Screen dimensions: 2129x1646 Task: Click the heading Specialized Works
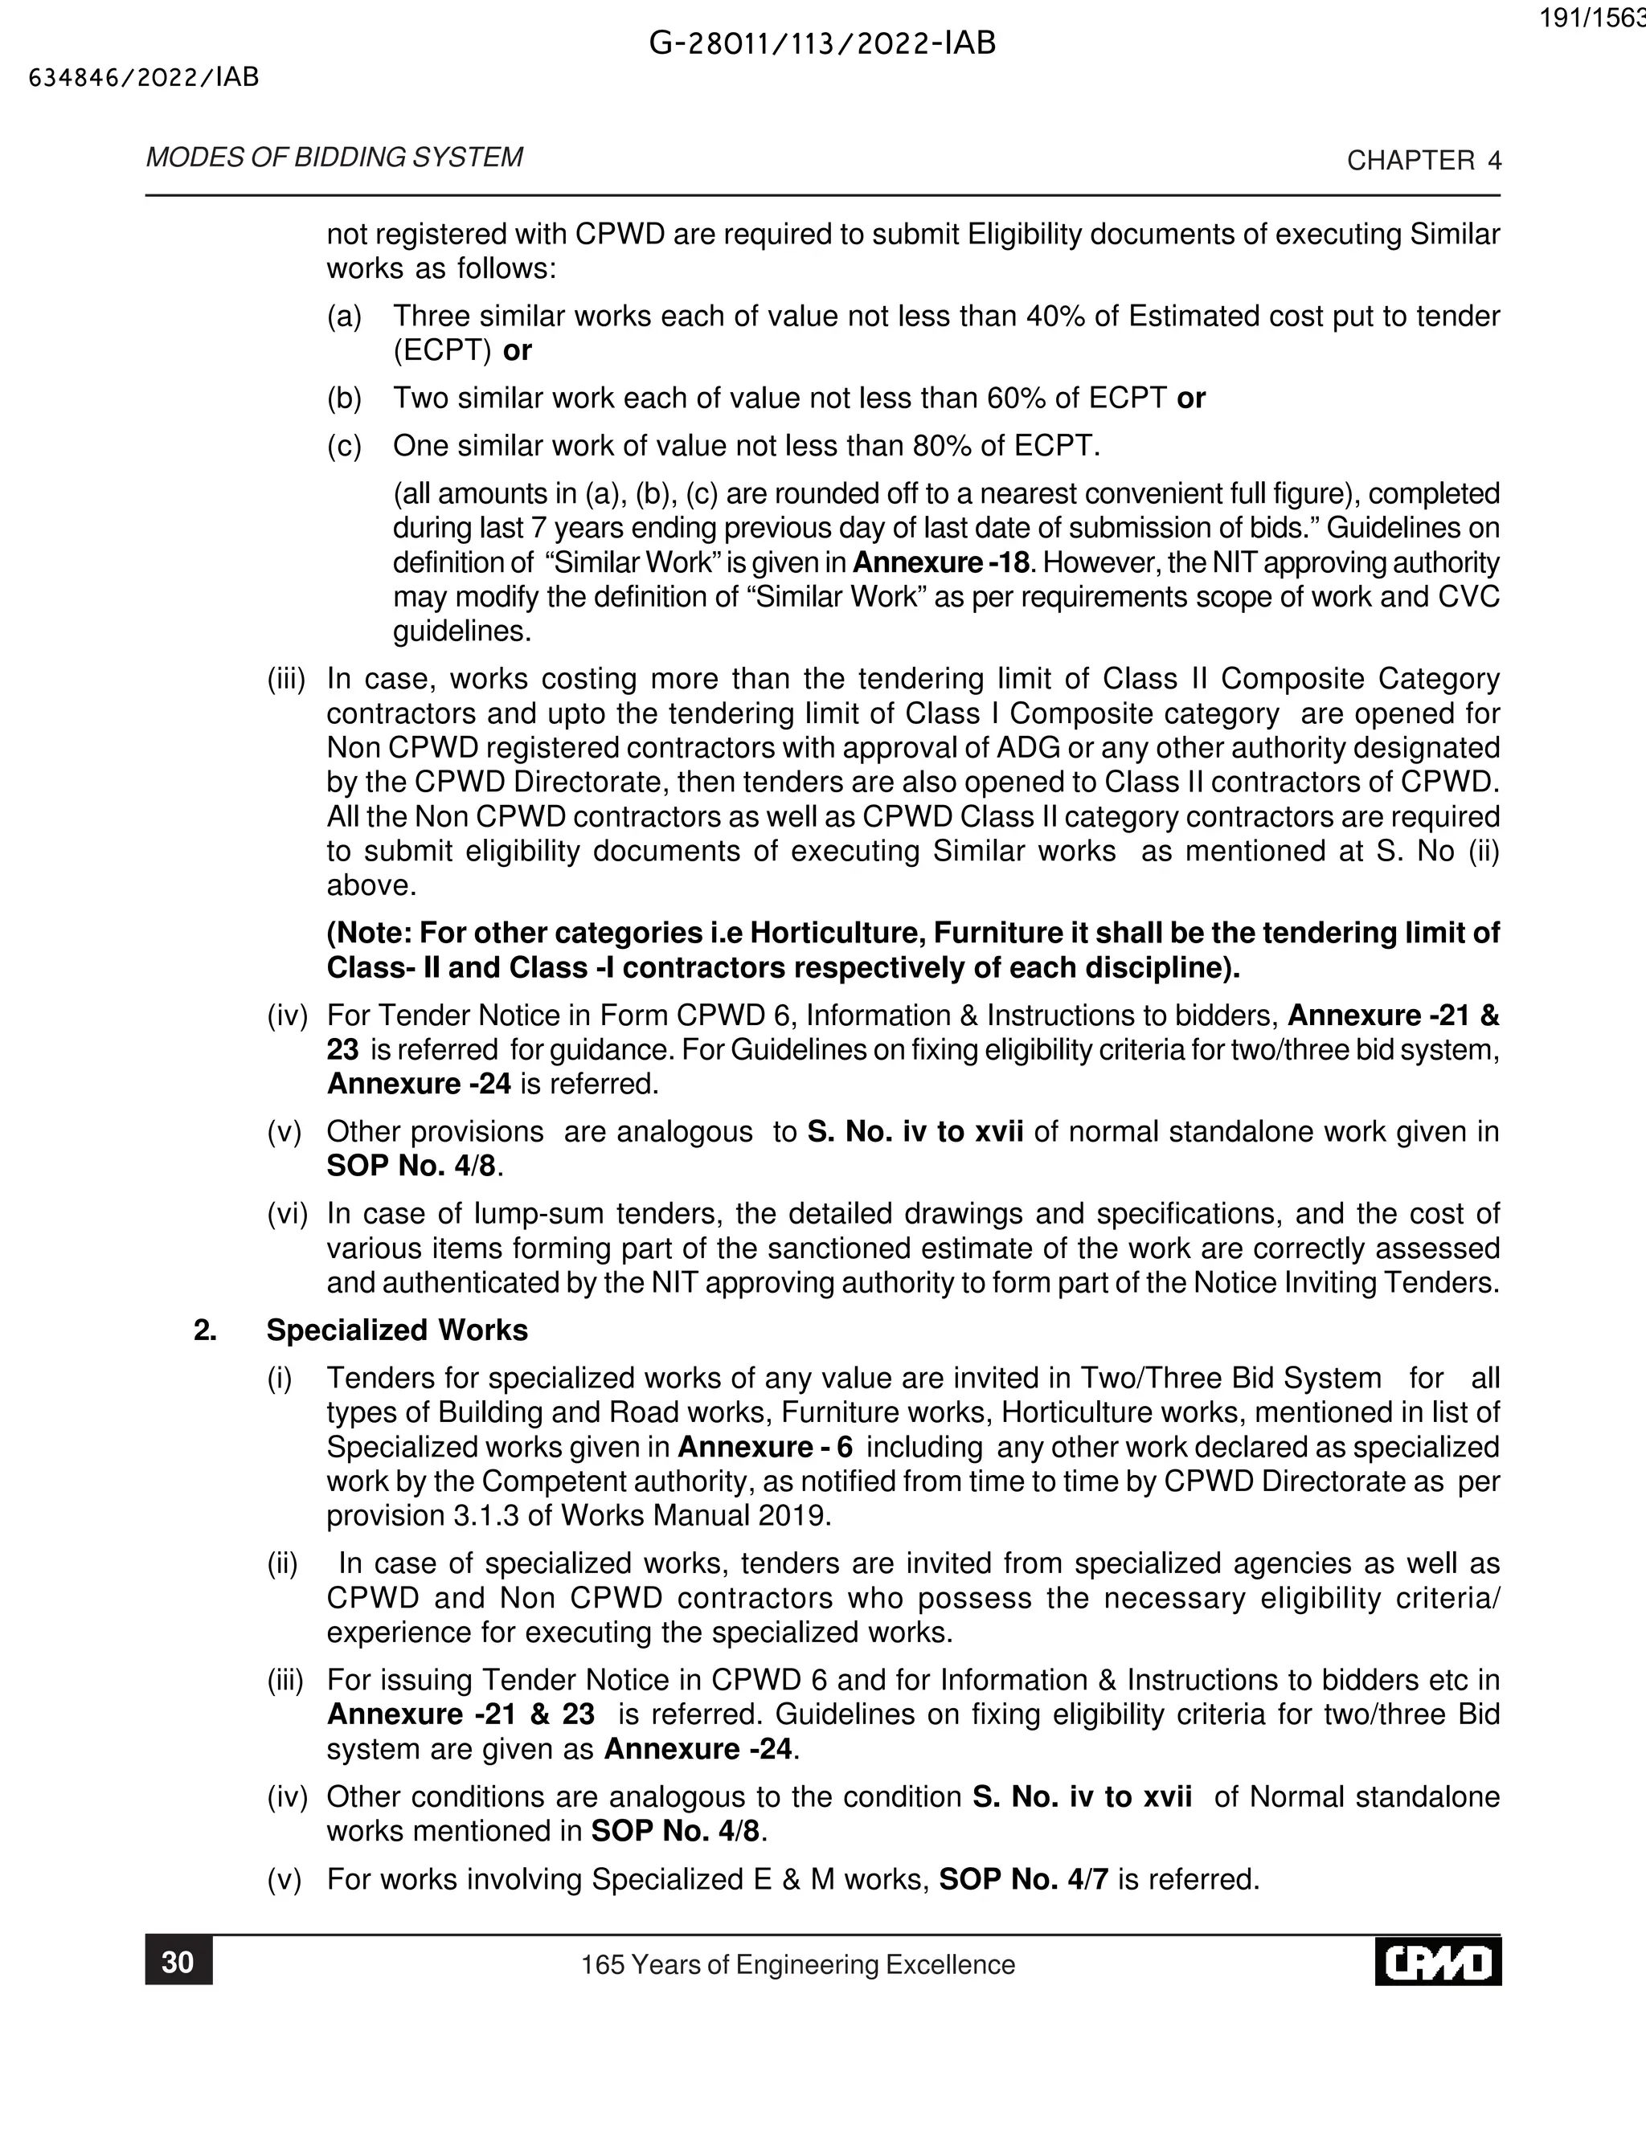397,1330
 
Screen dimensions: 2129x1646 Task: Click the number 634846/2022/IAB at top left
145,78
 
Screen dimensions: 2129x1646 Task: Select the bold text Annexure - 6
764,1447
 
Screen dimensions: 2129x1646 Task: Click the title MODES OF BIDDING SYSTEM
334,158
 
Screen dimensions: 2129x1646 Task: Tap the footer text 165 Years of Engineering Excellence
797,1964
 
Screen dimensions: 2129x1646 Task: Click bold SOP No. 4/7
1023,1878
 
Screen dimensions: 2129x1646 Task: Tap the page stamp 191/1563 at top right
1592,19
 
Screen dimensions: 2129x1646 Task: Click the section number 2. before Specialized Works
205,1330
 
